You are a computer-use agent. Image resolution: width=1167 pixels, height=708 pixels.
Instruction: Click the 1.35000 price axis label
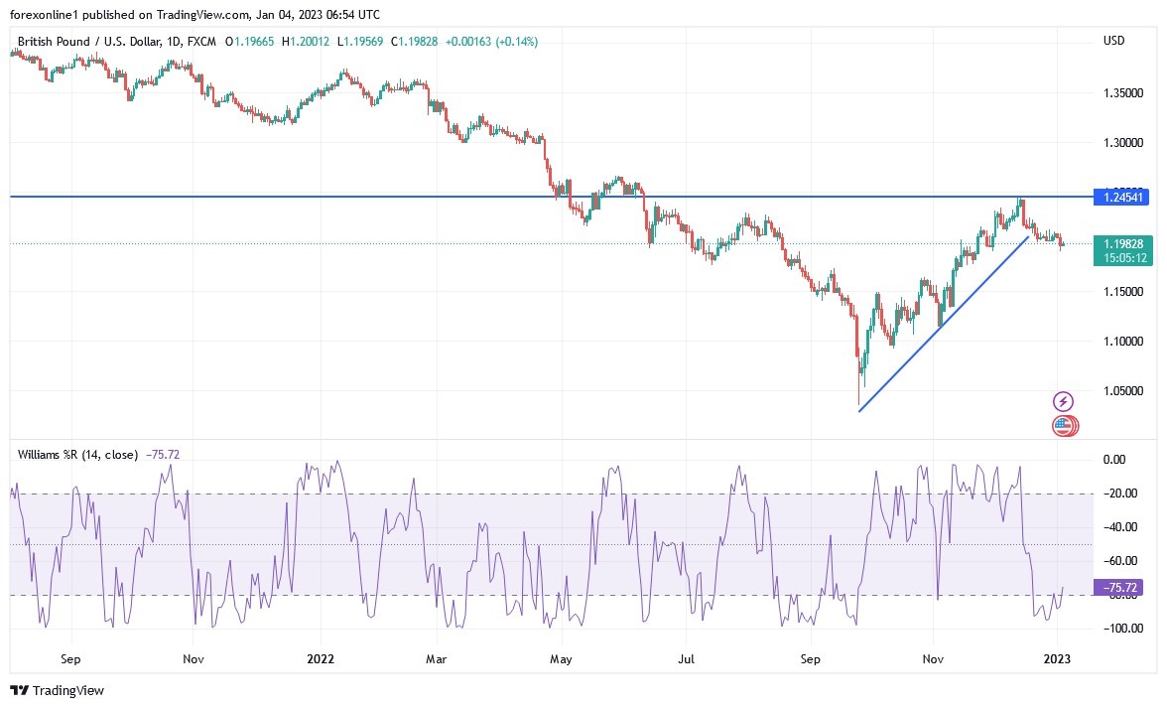1123,92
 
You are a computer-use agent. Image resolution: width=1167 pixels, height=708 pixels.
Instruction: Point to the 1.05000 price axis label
1123,390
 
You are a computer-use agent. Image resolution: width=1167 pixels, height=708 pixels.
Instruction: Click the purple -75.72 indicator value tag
1117,588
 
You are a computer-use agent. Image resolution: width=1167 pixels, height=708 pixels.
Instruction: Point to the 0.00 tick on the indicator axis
1115,460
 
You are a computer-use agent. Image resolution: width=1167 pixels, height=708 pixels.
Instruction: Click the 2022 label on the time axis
321,657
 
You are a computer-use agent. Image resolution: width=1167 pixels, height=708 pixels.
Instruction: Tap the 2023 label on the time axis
1057,657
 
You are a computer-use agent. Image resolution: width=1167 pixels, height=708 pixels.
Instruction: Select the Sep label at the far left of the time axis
69,657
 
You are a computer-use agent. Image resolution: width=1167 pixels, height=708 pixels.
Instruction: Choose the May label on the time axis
561,657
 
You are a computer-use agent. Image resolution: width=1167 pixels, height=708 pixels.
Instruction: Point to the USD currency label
1113,41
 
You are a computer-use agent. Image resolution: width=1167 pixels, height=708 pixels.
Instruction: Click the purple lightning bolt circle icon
1063,402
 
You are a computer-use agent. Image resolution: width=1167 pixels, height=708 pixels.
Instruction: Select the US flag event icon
1063,426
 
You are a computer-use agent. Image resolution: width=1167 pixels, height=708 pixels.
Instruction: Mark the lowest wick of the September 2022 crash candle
857,405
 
